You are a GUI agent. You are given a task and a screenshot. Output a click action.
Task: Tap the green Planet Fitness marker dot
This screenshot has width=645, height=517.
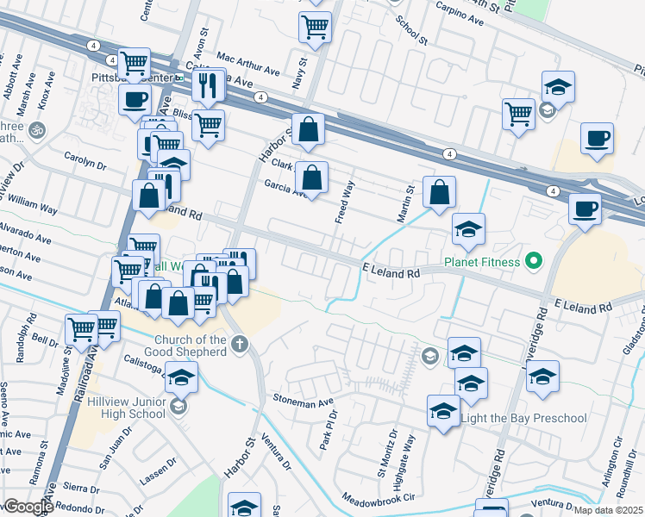(534, 260)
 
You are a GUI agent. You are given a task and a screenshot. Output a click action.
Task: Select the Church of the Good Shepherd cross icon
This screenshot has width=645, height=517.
(239, 346)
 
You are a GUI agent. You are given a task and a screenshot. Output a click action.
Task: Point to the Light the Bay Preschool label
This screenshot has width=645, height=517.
(524, 419)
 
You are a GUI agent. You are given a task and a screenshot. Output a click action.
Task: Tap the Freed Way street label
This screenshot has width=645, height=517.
(344, 200)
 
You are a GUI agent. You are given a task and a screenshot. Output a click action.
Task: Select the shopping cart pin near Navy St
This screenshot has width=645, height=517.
(315, 27)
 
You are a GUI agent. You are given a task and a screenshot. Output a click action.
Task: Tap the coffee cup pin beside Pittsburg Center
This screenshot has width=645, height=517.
(135, 98)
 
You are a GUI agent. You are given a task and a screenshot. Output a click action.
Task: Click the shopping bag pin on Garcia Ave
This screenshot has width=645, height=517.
(312, 178)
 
